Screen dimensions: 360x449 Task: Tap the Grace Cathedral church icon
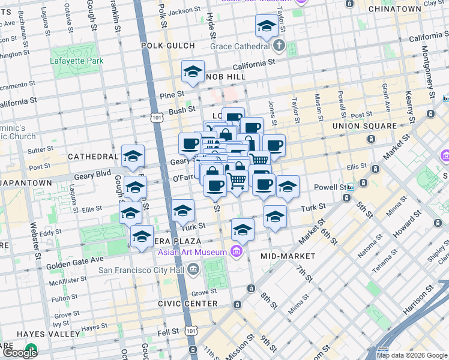click(279, 46)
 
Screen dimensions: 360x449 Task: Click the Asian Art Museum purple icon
click(237, 251)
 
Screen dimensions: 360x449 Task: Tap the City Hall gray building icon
click(193, 269)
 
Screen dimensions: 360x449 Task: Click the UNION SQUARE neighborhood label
click(365, 126)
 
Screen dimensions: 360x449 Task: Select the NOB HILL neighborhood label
click(223, 77)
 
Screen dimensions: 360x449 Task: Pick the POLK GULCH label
click(168, 46)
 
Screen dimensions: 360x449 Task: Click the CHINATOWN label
click(394, 9)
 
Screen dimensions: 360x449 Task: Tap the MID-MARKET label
click(288, 256)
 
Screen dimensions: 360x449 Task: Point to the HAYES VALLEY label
click(40, 334)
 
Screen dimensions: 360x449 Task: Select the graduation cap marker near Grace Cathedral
click(265, 26)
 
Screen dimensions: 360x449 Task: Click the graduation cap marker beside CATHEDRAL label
click(133, 157)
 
